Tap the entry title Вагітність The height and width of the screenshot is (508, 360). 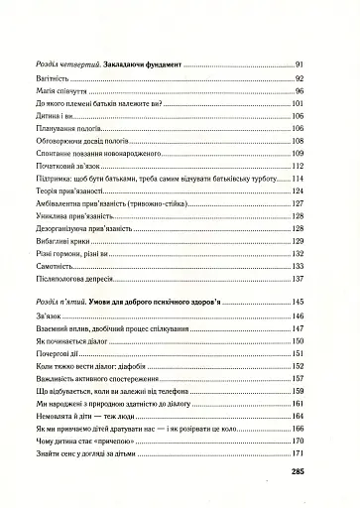click(53, 76)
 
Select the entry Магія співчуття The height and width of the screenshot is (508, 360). click(60, 90)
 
